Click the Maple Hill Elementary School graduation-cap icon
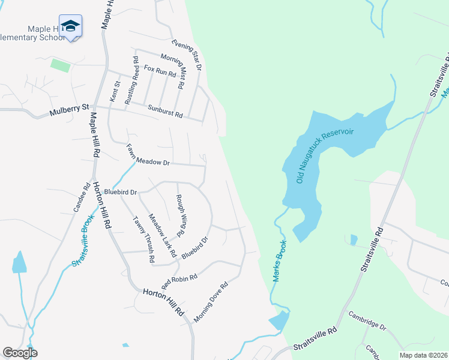(70, 26)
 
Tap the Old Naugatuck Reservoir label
(325, 156)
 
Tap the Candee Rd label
(82, 199)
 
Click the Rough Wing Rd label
(179, 215)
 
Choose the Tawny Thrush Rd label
(144, 239)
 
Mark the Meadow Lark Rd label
(162, 236)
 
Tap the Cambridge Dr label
(367, 322)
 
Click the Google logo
(20, 353)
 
